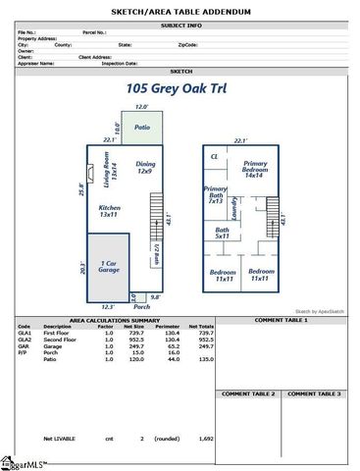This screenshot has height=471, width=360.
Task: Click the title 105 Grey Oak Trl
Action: click(x=180, y=88)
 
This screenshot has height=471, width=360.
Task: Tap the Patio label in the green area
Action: click(x=141, y=128)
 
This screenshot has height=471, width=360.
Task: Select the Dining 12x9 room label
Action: click(x=145, y=168)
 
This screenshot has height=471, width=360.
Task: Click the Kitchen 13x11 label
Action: click(x=110, y=210)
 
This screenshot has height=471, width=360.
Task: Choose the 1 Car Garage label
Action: click(x=109, y=267)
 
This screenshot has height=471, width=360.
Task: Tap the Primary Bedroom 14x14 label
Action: click(x=256, y=169)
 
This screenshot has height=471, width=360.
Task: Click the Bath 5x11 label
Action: click(x=222, y=234)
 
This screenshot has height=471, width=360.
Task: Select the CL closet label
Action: click(x=215, y=156)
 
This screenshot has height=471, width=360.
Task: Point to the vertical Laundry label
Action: click(x=234, y=207)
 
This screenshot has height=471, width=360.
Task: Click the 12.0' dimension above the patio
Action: click(x=141, y=106)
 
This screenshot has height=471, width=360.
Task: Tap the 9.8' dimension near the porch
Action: click(x=155, y=296)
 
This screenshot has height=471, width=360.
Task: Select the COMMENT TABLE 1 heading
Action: click(x=282, y=320)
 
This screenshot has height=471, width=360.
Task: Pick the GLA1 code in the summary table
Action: click(x=25, y=333)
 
